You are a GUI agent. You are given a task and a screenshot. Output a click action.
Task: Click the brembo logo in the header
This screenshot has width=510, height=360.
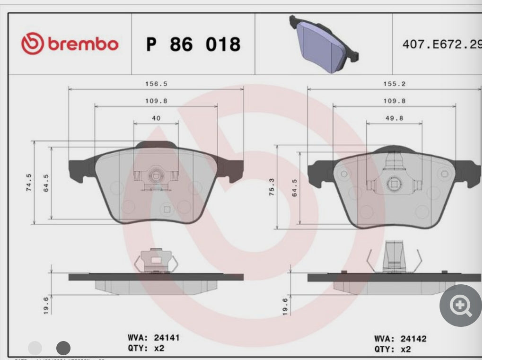70,44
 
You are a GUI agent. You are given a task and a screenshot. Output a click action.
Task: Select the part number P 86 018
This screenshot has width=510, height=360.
193,44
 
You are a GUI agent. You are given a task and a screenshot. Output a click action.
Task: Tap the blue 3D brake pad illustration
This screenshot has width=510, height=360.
324,44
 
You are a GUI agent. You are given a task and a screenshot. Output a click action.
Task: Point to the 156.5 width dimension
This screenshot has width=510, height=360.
156,84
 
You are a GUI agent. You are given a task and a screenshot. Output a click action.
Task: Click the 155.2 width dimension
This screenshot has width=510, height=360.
394,84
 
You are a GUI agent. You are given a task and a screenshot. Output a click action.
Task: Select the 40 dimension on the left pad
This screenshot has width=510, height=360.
156,118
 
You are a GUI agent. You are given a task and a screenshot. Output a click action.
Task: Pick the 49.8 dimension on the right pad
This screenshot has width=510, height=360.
394,118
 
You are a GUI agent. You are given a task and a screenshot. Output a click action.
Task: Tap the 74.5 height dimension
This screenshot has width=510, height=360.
29,182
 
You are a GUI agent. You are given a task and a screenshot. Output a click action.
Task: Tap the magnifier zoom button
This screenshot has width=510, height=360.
460,306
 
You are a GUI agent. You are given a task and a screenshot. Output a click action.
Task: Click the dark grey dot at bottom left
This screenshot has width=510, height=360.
63,349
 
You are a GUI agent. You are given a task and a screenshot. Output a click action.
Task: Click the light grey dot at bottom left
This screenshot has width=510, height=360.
35,349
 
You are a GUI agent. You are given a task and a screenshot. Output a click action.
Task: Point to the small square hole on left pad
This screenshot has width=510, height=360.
166,209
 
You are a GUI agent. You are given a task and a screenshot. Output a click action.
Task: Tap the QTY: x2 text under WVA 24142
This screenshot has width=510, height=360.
393,350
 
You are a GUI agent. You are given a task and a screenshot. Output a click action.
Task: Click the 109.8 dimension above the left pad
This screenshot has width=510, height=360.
156,101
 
